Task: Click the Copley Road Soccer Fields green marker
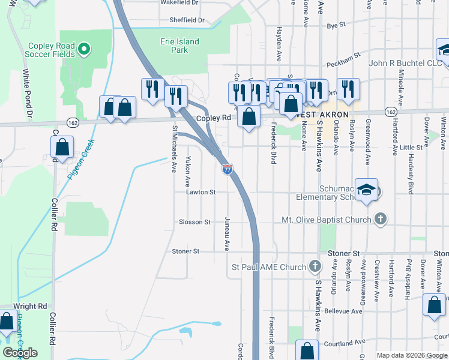[84, 49]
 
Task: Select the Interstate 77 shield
[228, 169]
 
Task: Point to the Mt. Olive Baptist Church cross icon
[380, 220]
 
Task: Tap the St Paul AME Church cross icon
[315, 266]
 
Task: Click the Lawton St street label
[200, 193]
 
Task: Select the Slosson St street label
[194, 222]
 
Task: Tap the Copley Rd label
[214, 118]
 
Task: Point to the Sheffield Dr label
[187, 20]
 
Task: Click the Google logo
[20, 353]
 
